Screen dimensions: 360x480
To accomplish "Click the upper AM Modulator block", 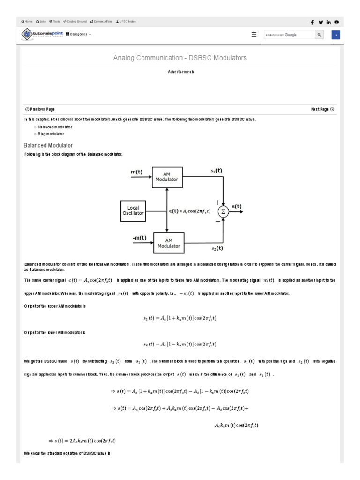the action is pyautogui.click(x=167, y=177).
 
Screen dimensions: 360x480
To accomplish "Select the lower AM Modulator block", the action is pyautogui.click(x=167, y=243).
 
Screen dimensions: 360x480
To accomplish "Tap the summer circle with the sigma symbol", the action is pyautogui.click(x=223, y=211).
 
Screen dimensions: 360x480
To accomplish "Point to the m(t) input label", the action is pyautogui.click(x=137, y=172).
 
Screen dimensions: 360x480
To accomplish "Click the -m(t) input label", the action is pyautogui.click(x=139, y=238).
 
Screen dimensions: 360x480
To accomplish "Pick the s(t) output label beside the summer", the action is pyautogui.click(x=237, y=206).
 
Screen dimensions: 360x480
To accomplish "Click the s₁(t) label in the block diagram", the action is pyautogui.click(x=217, y=171).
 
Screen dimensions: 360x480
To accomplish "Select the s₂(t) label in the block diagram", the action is pyautogui.click(x=217, y=248).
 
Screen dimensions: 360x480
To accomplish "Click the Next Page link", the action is pyautogui.click(x=322, y=109).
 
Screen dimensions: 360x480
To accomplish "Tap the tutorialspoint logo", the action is pyautogui.click(x=42, y=34).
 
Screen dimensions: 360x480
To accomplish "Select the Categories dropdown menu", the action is pyautogui.click(x=78, y=34).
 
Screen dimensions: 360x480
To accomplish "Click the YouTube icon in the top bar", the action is pyautogui.click(x=337, y=22).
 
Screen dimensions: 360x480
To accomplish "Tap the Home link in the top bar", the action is pyautogui.click(x=27, y=22).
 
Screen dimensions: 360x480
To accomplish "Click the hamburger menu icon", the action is pyautogui.click(x=254, y=34).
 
